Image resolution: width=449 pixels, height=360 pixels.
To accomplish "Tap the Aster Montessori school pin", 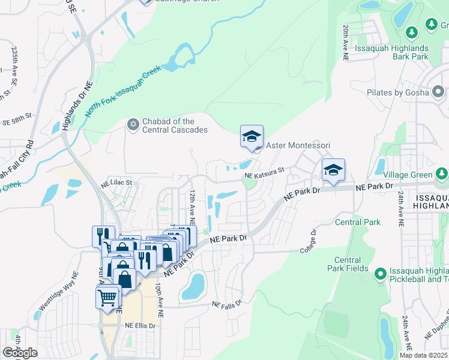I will coord(252,136).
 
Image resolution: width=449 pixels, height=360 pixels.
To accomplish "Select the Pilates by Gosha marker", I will coord(438,93).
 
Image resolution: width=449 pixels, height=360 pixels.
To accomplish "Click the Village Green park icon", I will coord(442,175).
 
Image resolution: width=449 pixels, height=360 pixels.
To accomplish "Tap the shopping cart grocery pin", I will coord(107,296).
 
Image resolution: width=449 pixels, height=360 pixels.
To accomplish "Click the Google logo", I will coord(20,353).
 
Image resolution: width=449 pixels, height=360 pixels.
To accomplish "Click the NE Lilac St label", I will coord(119,181).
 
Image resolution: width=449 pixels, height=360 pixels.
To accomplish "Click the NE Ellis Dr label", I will coord(140,326).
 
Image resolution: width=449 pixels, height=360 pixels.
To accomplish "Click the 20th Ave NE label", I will coord(346,43).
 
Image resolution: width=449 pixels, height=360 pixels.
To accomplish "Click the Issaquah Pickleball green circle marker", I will coord(379,275).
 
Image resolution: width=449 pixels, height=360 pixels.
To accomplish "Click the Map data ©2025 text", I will coord(423,355).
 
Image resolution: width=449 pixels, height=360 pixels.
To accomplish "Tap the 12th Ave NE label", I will coord(192,203).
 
